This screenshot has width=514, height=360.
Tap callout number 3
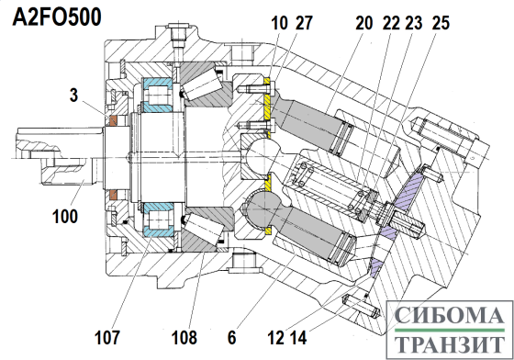pyautogui.click(x=74, y=95)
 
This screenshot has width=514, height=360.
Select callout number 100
pyautogui.click(x=65, y=216)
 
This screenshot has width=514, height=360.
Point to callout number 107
pyautogui.click(x=107, y=337)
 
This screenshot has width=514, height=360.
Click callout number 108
pyautogui.click(x=184, y=337)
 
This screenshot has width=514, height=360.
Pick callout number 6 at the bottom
pyautogui.click(x=231, y=337)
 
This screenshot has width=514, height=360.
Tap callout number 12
pyautogui.click(x=275, y=337)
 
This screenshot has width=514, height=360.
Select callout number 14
pyautogui.click(x=298, y=337)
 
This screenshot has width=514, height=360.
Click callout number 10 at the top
pyautogui.click(x=279, y=23)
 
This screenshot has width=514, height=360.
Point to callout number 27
pyautogui.click(x=304, y=23)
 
